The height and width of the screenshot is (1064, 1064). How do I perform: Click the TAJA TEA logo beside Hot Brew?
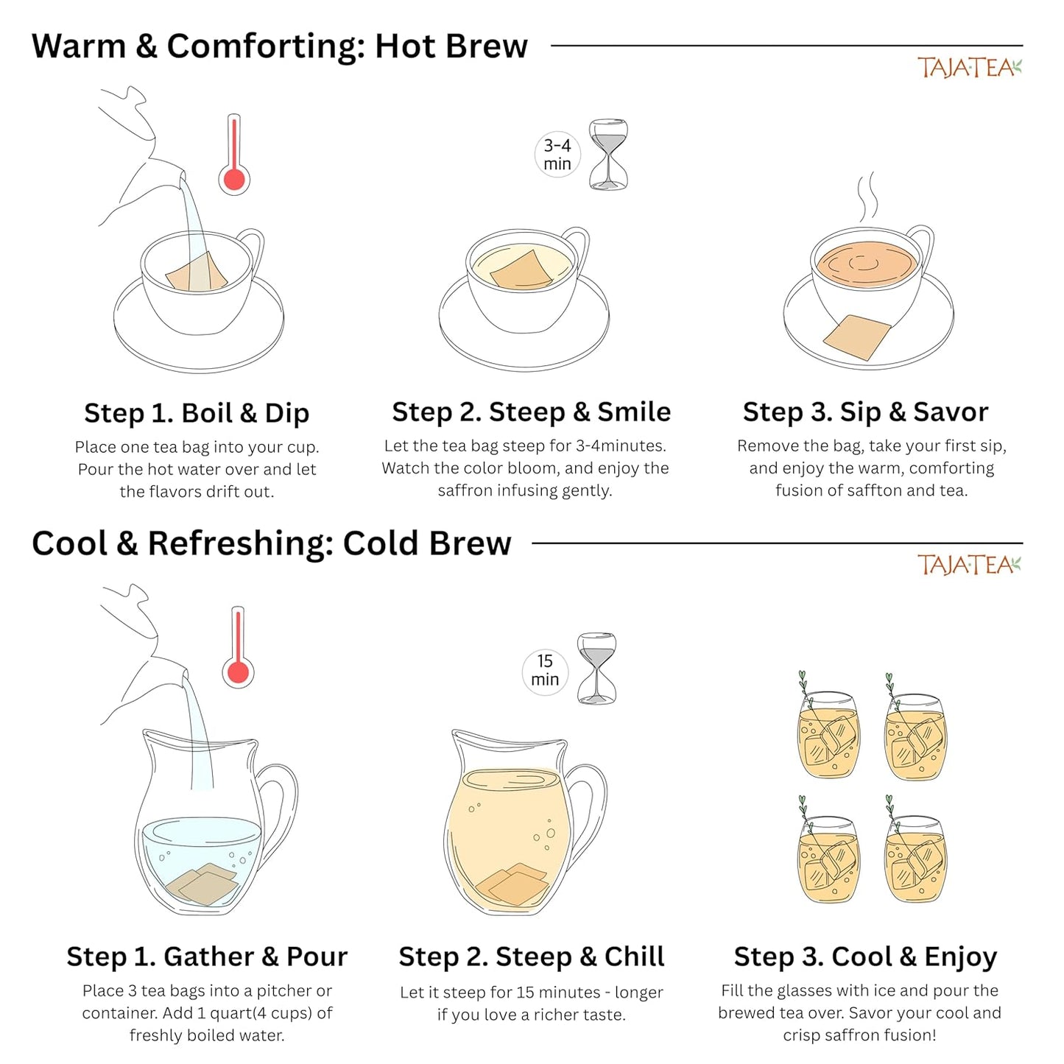click(x=969, y=68)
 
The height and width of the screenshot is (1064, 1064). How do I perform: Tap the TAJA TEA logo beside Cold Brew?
click(x=969, y=564)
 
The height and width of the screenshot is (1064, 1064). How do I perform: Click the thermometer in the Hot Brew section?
click(x=234, y=154)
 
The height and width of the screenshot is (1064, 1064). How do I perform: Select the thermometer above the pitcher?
click(x=238, y=646)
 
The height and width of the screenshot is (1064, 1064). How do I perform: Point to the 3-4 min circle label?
click(x=557, y=155)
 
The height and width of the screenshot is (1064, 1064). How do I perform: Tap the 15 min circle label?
click(x=545, y=670)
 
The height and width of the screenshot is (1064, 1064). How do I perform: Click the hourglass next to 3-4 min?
click(x=608, y=154)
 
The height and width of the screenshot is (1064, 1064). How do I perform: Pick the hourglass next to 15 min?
click(x=596, y=669)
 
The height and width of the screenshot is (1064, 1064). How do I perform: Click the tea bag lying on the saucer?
click(x=858, y=337)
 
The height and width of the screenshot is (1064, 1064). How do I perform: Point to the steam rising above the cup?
click(x=867, y=197)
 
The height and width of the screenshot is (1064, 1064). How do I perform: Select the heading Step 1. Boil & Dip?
click(x=197, y=414)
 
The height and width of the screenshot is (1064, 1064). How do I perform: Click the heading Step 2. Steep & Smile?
click(x=531, y=412)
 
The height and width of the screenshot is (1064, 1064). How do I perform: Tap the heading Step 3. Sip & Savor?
click(x=865, y=412)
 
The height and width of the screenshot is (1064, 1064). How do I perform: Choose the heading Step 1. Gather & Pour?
click(x=207, y=957)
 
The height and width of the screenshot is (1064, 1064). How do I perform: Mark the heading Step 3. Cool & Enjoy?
click(x=865, y=957)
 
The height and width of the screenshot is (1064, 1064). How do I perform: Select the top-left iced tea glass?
click(x=828, y=733)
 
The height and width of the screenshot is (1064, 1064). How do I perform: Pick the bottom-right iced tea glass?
click(x=915, y=858)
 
